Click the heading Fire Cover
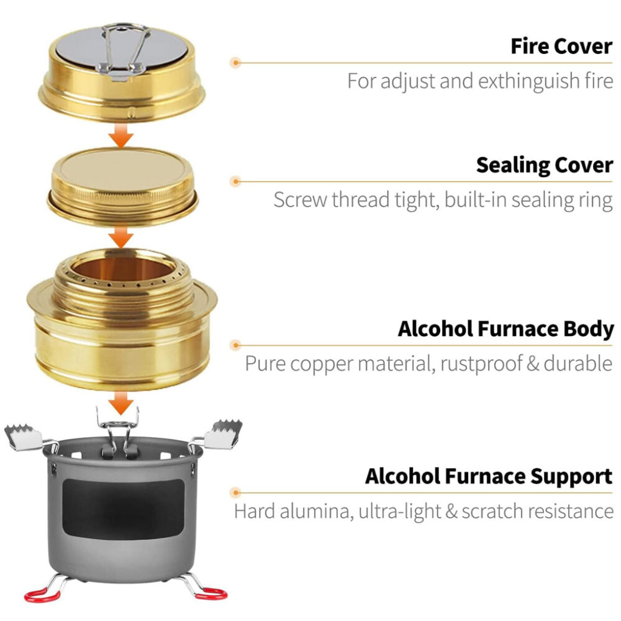[x=561, y=46]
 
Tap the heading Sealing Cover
[x=544, y=165]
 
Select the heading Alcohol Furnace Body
[x=505, y=329]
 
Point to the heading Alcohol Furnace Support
[x=489, y=476]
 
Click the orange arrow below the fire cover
[x=121, y=135]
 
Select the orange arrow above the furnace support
[x=121, y=403]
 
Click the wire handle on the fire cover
[x=124, y=50]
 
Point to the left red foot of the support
[x=42, y=595]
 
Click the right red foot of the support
[x=211, y=594]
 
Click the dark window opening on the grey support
[x=124, y=510]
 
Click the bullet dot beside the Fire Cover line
[x=236, y=63]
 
